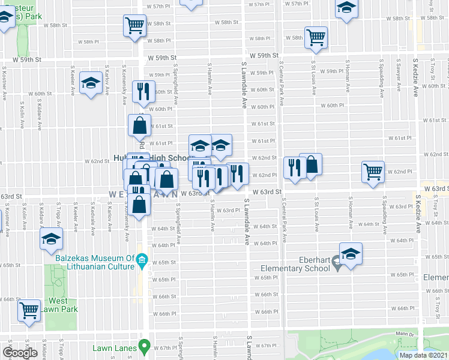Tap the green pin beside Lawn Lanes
pos(144,346)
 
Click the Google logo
pos(20,352)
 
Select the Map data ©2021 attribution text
pos(423,355)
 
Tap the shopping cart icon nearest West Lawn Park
pos(28,310)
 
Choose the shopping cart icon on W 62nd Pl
pos(373,172)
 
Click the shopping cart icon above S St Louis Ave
pos(316,37)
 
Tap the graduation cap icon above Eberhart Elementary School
pos(351,253)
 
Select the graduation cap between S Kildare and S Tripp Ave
pos(51,238)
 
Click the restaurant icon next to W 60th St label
pos(142,91)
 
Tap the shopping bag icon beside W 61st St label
pos(139,125)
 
